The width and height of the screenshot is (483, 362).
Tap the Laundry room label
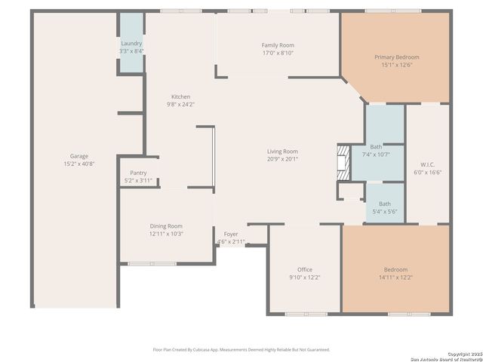131,44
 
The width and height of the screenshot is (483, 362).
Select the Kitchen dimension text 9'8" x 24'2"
180,104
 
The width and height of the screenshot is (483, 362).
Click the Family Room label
277,45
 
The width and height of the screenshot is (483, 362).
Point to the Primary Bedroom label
396,57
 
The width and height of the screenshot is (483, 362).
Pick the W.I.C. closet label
427,164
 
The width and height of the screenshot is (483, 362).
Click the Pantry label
138,173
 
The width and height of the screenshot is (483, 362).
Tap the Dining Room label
166,226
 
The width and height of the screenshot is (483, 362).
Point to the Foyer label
231,235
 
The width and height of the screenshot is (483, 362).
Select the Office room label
304,269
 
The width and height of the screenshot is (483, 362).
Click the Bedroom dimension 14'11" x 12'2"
395,278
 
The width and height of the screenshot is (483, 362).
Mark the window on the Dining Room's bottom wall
152,264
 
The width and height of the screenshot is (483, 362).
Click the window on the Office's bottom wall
306,314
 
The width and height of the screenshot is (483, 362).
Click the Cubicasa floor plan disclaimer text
241,349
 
